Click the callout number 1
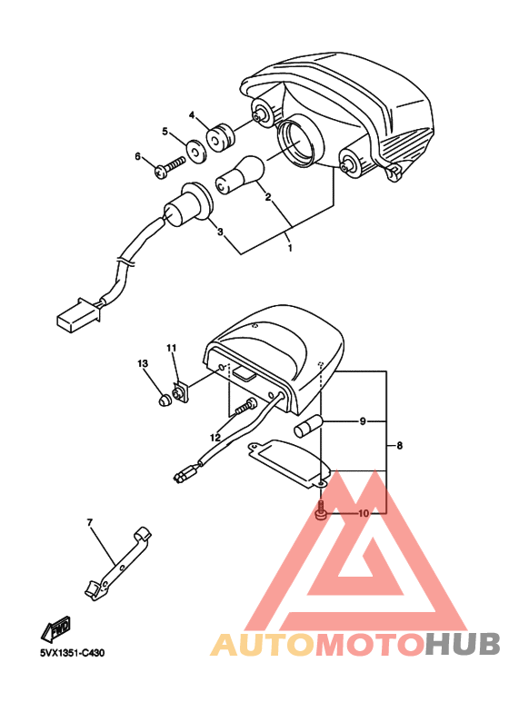(289, 247)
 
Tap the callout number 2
(268, 196)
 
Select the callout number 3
(220, 232)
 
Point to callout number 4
(193, 115)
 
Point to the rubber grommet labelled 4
(219, 139)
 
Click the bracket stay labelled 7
(116, 563)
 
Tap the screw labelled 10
(321, 514)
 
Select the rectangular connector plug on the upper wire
(71, 319)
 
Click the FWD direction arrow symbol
(55, 627)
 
